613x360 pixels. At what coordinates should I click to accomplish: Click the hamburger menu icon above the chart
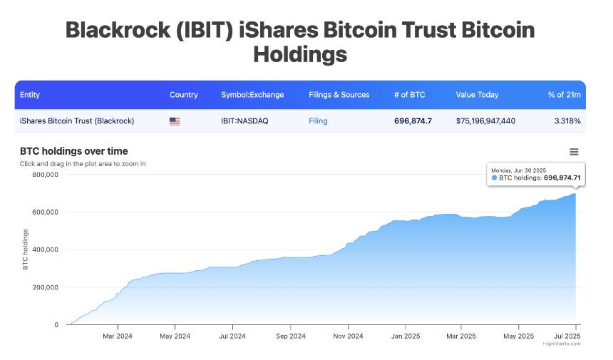574,152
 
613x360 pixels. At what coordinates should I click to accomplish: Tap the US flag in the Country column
175,121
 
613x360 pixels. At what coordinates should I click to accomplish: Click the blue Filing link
318,121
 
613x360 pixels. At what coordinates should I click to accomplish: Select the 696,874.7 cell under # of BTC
413,121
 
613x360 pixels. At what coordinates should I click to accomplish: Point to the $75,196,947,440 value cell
485,121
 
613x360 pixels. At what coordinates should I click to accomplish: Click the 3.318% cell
567,121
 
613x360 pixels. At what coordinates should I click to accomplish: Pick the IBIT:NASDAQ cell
244,121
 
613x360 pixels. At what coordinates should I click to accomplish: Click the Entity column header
30,95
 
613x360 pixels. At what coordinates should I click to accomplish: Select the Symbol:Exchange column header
252,95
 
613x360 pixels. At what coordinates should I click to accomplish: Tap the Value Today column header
477,95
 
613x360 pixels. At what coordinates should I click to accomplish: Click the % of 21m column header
564,95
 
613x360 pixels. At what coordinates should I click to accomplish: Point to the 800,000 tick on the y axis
46,175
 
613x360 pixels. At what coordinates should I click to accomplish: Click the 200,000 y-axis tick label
46,287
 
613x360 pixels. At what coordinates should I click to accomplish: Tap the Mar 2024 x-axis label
117,336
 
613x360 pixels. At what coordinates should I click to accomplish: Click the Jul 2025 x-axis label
567,336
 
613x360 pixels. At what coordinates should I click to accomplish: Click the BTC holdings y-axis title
26,250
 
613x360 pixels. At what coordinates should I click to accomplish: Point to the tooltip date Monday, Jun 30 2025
518,170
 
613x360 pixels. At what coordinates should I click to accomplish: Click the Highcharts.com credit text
562,344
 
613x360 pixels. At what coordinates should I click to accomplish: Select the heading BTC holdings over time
74,151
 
